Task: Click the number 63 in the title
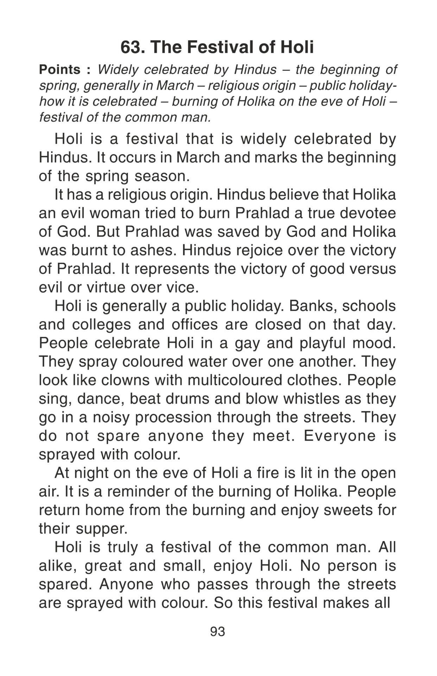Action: coord(131,47)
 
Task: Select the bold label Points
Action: coord(60,70)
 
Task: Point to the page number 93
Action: coord(217,632)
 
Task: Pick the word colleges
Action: coord(101,325)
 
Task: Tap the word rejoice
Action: coord(259,250)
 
